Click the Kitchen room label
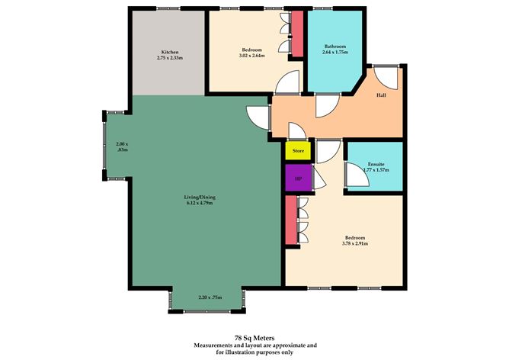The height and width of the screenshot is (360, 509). [x=168, y=51]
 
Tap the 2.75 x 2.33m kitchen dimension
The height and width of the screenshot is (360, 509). [x=168, y=58]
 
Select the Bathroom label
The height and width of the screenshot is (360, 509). [x=335, y=45]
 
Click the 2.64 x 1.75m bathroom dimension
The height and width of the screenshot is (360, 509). [x=335, y=52]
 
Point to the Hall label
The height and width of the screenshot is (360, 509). [x=382, y=95]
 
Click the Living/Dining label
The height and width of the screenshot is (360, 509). [x=198, y=197]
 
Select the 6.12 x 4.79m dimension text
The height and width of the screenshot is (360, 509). [x=198, y=204]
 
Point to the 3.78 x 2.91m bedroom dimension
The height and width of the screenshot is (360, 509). [x=355, y=244]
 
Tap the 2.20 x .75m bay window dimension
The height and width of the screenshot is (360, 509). [x=210, y=297]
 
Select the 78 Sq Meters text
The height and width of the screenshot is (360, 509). [x=254, y=336]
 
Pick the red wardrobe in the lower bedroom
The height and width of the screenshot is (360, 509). [x=290, y=221]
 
